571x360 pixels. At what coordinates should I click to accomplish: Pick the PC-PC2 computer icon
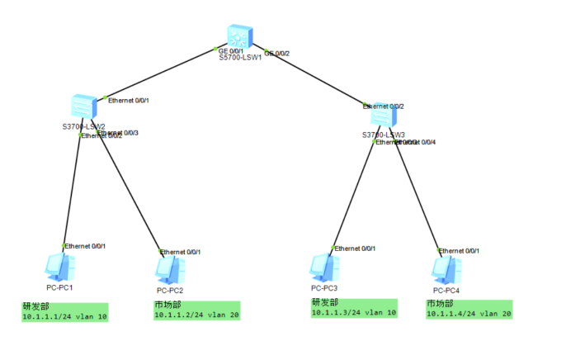click(x=170, y=270)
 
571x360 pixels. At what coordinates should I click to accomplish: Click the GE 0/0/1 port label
click(x=230, y=51)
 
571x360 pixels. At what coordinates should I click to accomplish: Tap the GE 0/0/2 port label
click(x=277, y=54)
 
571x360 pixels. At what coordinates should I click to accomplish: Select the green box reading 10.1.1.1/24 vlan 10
click(x=64, y=311)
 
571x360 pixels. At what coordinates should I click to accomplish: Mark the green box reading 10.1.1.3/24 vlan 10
click(x=354, y=308)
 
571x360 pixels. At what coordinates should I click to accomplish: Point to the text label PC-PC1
click(x=60, y=287)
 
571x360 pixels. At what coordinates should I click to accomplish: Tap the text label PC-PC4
click(x=447, y=290)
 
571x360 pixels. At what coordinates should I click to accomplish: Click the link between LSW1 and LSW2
click(x=161, y=74)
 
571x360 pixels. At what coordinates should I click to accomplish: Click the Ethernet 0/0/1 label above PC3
click(x=358, y=247)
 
